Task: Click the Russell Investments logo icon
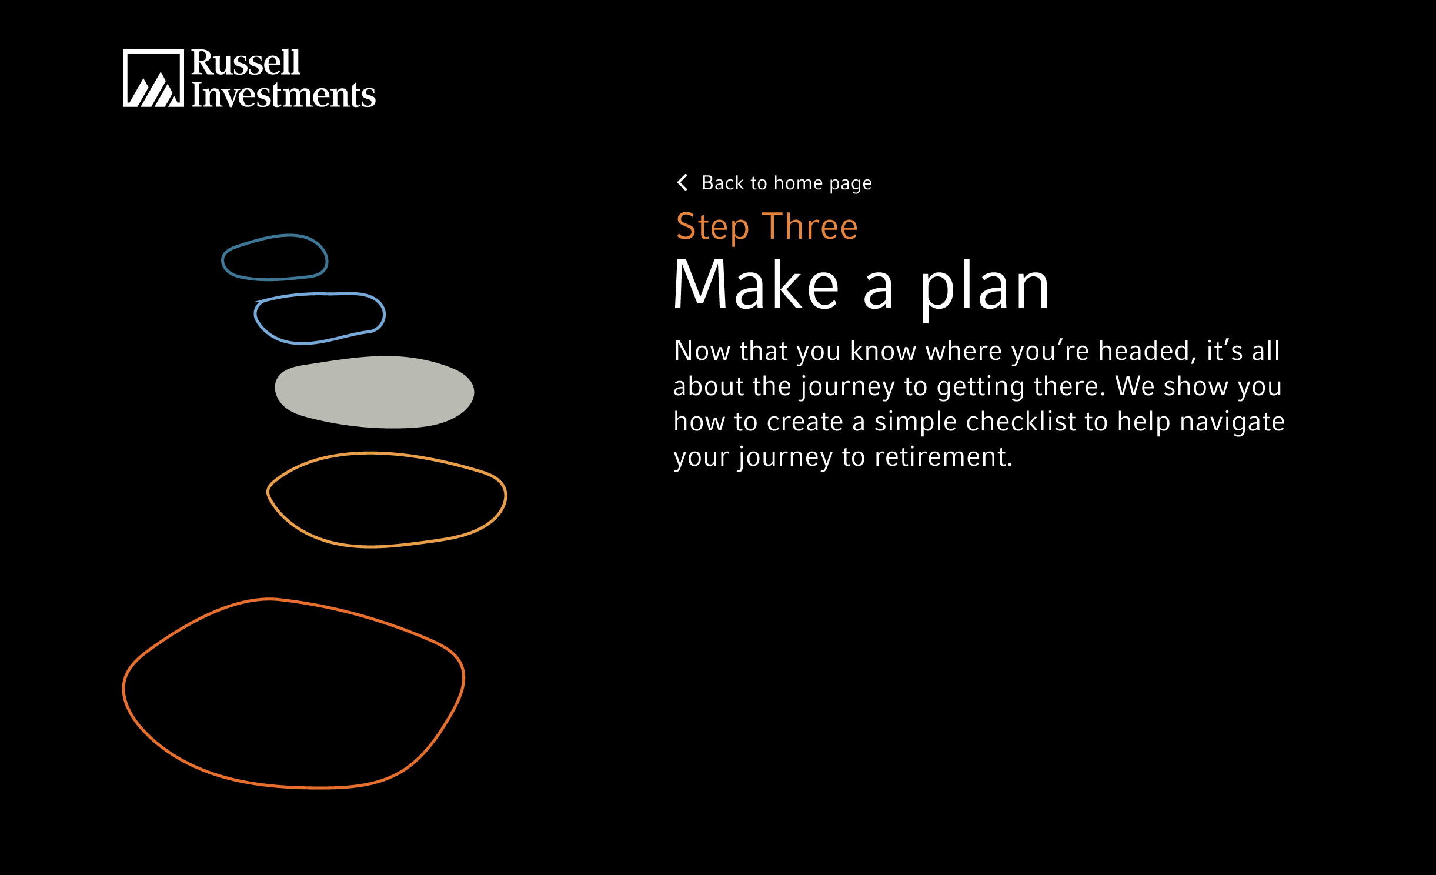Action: (153, 78)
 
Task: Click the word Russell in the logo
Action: (246, 62)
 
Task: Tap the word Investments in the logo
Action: (283, 95)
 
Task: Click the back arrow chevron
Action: (682, 182)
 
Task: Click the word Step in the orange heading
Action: (713, 228)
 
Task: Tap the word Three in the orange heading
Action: (810, 226)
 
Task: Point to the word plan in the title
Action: (984, 288)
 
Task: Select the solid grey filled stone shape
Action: (375, 392)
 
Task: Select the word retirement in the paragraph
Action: (943, 457)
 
